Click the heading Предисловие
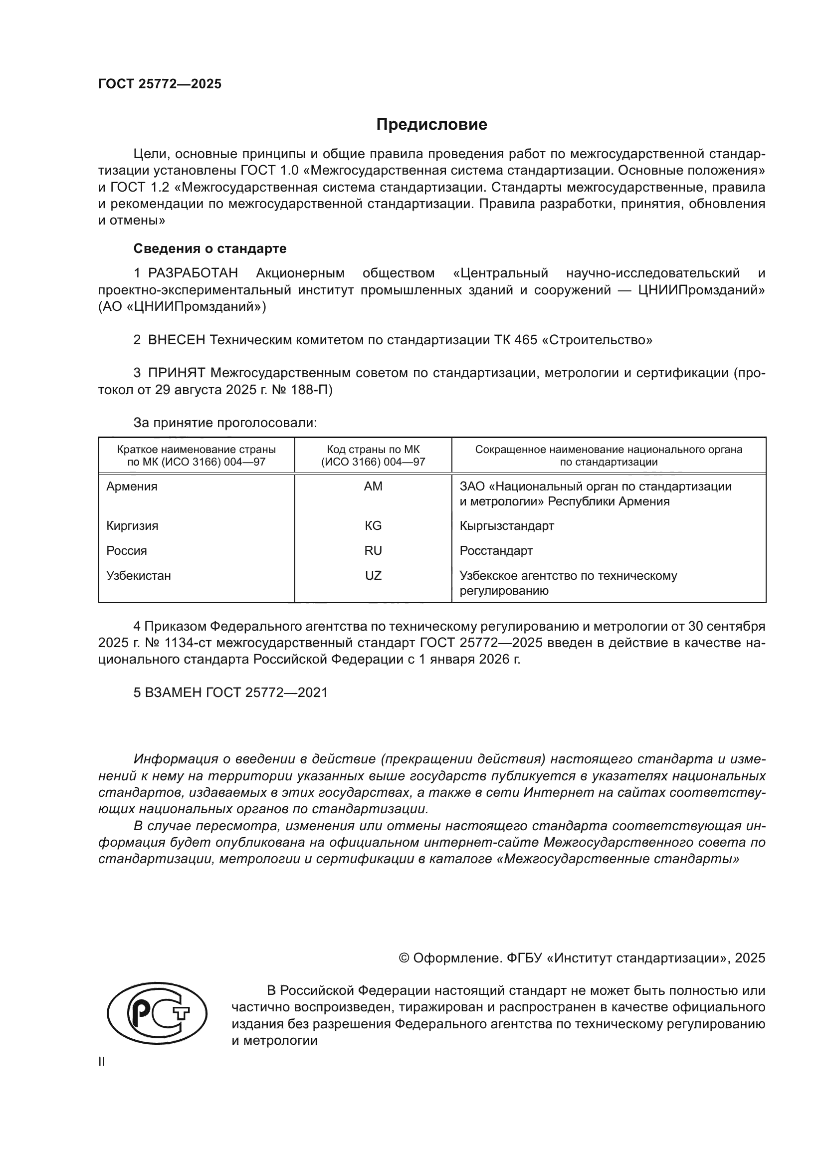click(431, 125)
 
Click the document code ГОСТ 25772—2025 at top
click(160, 84)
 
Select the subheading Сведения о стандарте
click(210, 248)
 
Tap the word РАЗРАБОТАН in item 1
click(193, 273)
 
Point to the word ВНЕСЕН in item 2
click(176, 340)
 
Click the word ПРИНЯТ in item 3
click(176, 373)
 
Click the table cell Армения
click(132, 486)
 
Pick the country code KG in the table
click(373, 526)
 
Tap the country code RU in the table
click(373, 551)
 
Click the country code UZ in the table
click(373, 576)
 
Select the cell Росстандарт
click(496, 551)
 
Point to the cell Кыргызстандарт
click(506, 526)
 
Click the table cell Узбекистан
click(139, 576)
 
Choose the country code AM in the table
click(373, 486)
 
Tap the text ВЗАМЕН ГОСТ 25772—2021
click(236, 693)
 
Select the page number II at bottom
click(102, 1062)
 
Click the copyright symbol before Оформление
click(404, 958)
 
